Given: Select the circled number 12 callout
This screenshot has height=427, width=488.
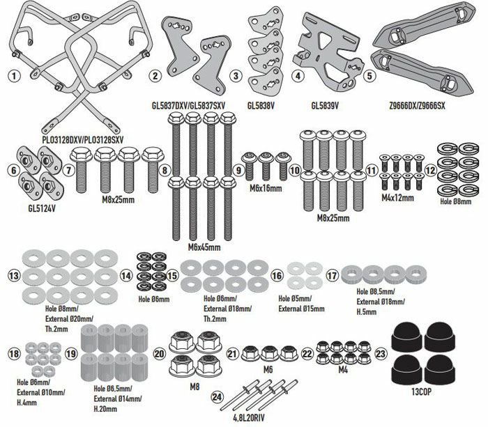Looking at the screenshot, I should [430, 169].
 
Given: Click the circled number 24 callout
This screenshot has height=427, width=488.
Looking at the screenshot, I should [217, 397].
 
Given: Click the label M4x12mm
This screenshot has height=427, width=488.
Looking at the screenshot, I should [399, 198].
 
